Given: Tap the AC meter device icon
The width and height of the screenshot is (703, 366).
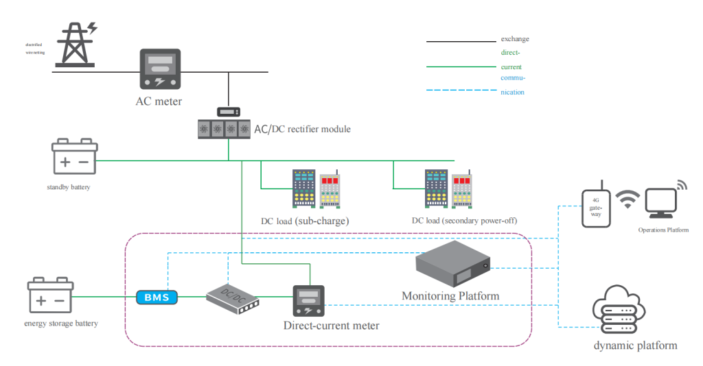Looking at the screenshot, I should point(160,69).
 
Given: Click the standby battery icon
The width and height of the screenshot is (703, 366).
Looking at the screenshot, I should point(75,158).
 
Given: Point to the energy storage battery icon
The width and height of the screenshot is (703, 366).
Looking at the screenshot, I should point(49,296).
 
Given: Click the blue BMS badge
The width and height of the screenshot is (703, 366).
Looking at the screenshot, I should point(157,297).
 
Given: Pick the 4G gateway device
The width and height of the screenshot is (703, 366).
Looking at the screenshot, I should point(595,205).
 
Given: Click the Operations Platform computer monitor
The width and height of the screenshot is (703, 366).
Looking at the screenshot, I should point(662,203).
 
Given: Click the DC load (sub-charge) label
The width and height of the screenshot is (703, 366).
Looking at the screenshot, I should point(305,221).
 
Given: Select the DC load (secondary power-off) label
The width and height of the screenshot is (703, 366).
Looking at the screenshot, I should point(464,221).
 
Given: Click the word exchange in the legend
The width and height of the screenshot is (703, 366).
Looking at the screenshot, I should point(515,39).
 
